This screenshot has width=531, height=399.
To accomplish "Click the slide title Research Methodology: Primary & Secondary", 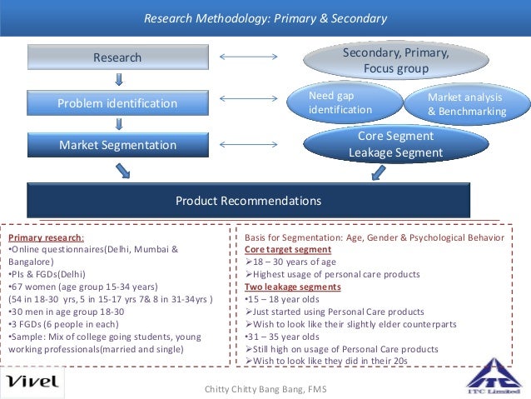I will [x=265, y=18].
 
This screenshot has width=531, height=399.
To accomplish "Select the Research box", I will [x=117, y=57].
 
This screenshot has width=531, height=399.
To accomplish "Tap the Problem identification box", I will [x=117, y=103].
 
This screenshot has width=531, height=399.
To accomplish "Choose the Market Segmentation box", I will [x=117, y=145].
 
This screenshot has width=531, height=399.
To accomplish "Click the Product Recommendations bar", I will [x=248, y=201].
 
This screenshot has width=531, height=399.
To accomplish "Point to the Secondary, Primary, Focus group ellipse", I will [x=395, y=61].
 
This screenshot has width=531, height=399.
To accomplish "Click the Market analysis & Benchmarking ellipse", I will [x=466, y=104].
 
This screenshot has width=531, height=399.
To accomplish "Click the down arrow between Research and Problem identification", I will [x=120, y=80].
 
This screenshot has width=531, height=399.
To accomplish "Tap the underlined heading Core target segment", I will [x=288, y=249].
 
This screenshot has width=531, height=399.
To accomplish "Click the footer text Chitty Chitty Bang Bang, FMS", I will [x=265, y=389].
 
